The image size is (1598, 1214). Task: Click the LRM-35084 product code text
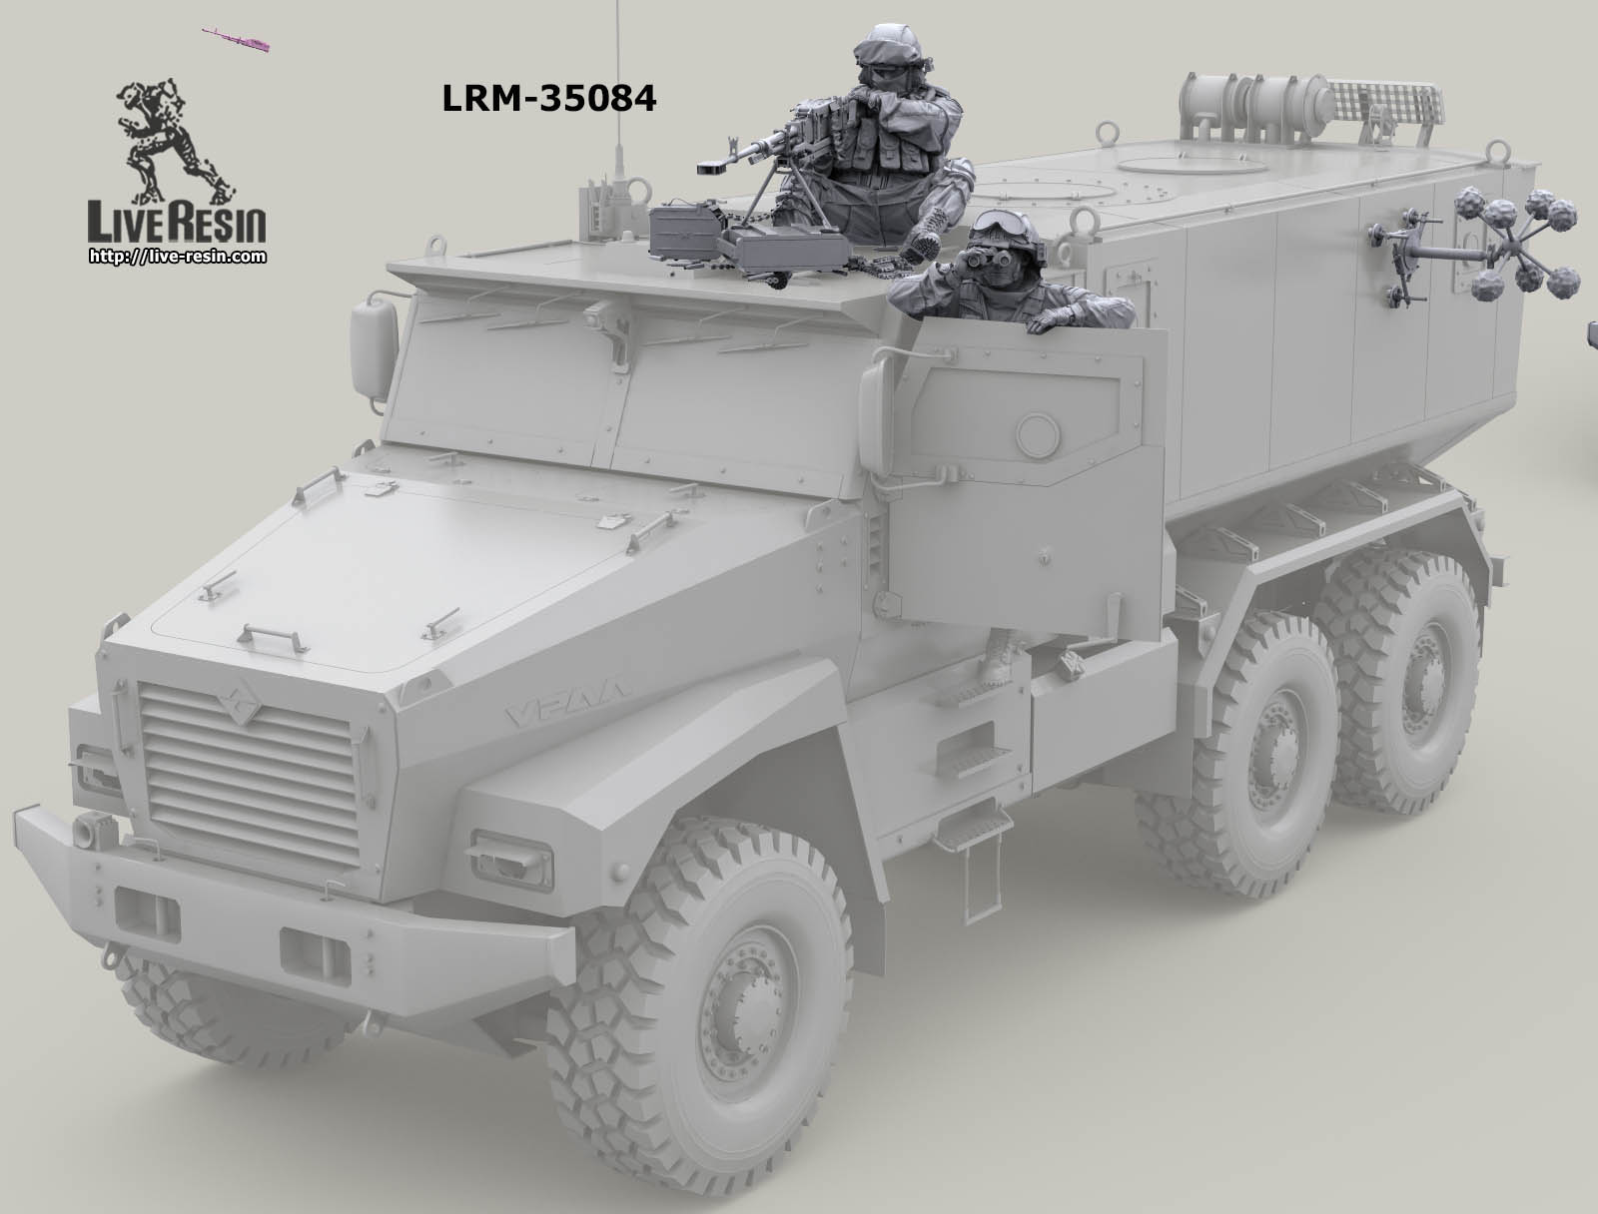(548, 98)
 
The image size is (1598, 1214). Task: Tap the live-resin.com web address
(177, 257)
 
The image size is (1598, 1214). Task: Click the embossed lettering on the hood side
(578, 710)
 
